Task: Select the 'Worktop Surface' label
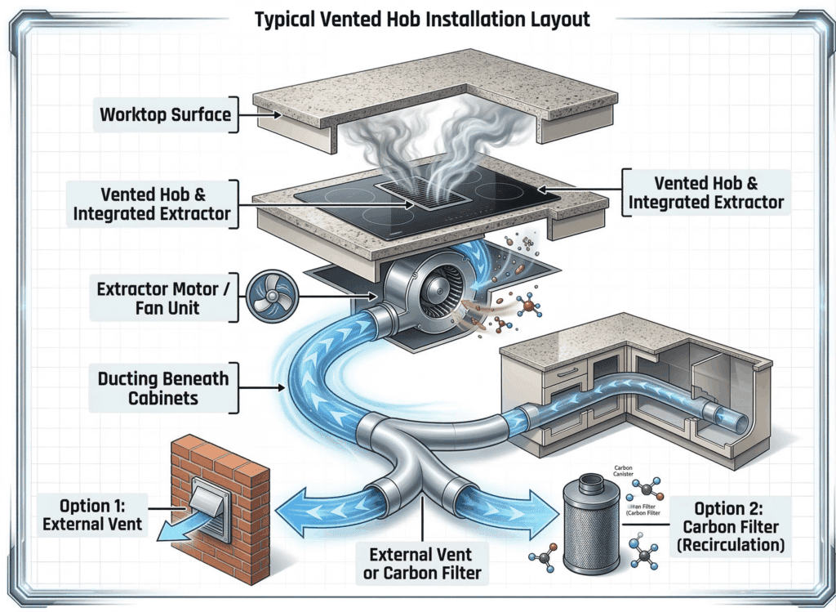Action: pyautogui.click(x=165, y=114)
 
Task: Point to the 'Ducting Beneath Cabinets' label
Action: pyautogui.click(x=163, y=388)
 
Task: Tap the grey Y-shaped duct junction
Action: pyautogui.click(x=420, y=458)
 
